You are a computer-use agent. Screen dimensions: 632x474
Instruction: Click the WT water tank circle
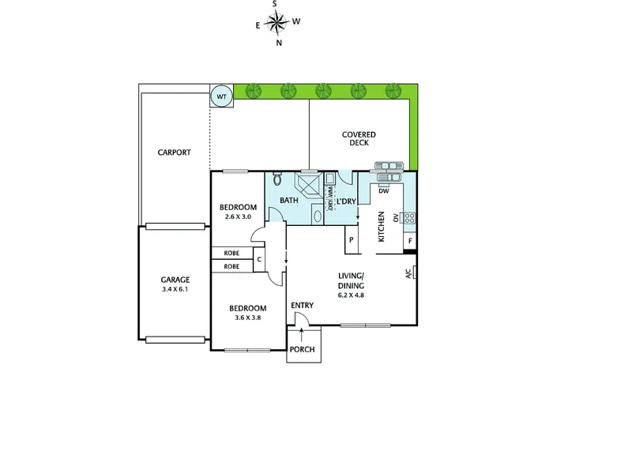tap(221, 96)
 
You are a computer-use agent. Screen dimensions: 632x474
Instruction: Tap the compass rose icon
tap(276, 22)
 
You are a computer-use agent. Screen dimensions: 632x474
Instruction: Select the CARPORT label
tap(174, 152)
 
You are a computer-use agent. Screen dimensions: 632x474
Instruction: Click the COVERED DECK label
tap(359, 139)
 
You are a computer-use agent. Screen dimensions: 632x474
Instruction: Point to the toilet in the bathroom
tap(278, 179)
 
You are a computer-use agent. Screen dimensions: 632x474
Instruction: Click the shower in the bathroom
tap(309, 185)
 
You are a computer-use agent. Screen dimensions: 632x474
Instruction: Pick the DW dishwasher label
tap(384, 191)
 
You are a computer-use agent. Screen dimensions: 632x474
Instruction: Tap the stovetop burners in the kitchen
tap(409, 218)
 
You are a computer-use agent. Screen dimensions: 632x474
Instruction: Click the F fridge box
tap(410, 241)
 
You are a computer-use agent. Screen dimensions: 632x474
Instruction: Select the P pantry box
tap(352, 240)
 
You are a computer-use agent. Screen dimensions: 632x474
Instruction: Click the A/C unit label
tap(408, 273)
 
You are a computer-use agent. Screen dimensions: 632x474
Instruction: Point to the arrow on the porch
tap(302, 335)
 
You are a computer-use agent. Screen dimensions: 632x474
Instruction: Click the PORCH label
tap(303, 349)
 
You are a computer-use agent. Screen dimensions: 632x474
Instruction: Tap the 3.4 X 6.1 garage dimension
tap(175, 289)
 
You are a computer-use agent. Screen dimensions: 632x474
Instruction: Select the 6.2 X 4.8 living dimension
tap(351, 295)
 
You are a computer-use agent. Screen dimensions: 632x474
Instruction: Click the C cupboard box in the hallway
tap(259, 259)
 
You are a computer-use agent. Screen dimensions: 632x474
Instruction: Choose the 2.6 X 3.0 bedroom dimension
tap(239, 216)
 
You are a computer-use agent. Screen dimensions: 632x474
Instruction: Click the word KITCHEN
tap(382, 227)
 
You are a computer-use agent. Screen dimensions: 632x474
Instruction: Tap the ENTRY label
tap(303, 306)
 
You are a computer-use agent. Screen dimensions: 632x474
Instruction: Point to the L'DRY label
tap(346, 201)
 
